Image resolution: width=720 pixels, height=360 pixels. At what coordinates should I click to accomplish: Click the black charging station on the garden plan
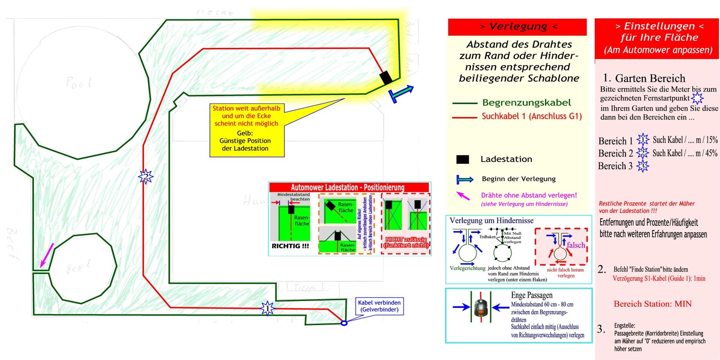pyautogui.click(x=386, y=78)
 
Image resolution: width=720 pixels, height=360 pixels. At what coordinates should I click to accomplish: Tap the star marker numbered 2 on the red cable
pyautogui.click(x=145, y=176)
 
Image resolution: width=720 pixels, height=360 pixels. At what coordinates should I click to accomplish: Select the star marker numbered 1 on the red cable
pyautogui.click(x=267, y=308)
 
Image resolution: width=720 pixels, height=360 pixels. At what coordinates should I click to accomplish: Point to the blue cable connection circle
pyautogui.click(x=344, y=323)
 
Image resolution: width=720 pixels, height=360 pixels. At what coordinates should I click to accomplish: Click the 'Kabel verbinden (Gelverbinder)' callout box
pyautogui.click(x=379, y=306)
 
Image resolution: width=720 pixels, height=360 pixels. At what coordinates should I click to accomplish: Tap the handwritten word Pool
pyautogui.click(x=78, y=82)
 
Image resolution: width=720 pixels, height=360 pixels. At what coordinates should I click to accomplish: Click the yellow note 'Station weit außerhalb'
pyautogui.click(x=246, y=130)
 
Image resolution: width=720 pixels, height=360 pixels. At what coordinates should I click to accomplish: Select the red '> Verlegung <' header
pyautogui.click(x=517, y=27)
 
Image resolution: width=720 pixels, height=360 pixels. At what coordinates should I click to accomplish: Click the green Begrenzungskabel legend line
pyautogui.click(x=464, y=103)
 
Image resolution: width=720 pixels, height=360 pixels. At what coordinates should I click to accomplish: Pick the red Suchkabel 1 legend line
pyautogui.click(x=464, y=117)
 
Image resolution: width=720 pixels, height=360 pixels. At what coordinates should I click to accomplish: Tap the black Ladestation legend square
pyautogui.click(x=462, y=159)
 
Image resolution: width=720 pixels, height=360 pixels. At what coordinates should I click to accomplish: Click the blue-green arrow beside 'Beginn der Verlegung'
pyautogui.click(x=465, y=179)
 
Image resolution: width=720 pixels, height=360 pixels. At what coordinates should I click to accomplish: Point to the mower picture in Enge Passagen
pyautogui.click(x=480, y=307)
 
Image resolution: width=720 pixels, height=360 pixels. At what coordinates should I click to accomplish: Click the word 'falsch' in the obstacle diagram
pyautogui.click(x=576, y=245)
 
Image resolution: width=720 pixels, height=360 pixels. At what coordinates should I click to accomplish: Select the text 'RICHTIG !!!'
pyautogui.click(x=290, y=246)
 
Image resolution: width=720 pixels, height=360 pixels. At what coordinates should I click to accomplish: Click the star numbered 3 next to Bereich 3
pyautogui.click(x=642, y=166)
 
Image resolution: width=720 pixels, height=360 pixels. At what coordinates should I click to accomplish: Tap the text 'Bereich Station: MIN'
pyautogui.click(x=652, y=304)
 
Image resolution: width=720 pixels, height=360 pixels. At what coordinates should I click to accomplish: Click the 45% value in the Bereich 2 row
pyautogui.click(x=711, y=153)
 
